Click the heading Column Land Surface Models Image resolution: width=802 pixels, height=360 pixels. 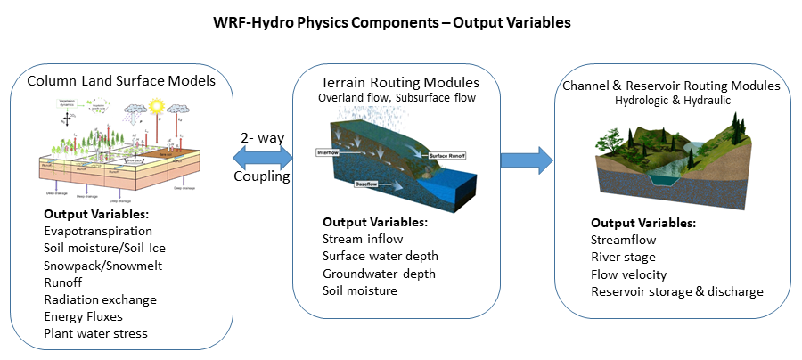tap(121, 81)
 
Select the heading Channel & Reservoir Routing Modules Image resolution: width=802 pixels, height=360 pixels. tap(671, 86)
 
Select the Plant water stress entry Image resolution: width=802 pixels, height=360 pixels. tap(97, 333)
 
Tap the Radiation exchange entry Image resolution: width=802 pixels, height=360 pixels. tap(100, 299)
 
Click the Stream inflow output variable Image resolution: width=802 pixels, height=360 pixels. tap(363, 239)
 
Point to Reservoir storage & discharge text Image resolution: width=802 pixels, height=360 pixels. tap(677, 291)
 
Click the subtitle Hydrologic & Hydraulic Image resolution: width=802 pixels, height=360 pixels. tap(672, 102)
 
